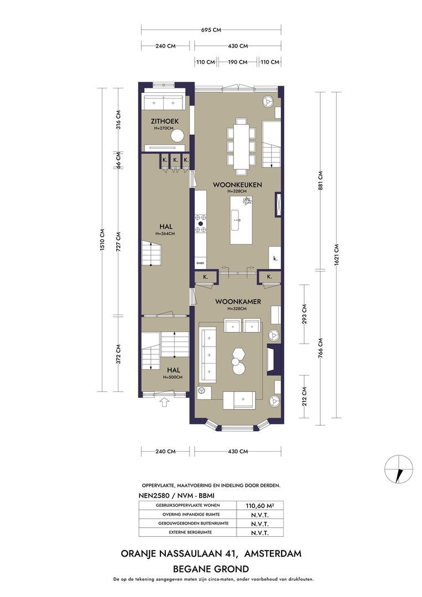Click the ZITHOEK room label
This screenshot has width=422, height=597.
[x=164, y=122]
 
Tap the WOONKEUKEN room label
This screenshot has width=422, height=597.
[x=237, y=185]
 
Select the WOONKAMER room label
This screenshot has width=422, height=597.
[x=238, y=302]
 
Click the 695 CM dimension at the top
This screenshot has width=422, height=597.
[x=211, y=30]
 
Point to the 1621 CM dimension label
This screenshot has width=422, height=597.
[x=337, y=254]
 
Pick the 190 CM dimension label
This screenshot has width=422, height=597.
[x=238, y=62]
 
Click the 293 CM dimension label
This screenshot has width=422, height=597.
[x=304, y=313]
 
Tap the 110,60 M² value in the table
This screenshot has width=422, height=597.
[x=260, y=506]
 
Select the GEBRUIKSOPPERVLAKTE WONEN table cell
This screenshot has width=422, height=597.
[x=187, y=505]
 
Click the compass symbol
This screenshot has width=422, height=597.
[x=398, y=469]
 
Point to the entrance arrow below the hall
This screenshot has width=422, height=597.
[x=164, y=402]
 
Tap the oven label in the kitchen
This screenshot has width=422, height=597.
[x=200, y=263]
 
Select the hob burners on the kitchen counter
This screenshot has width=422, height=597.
[x=201, y=223]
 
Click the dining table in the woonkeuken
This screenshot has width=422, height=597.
[x=241, y=146]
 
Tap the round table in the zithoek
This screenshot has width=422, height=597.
[x=178, y=136]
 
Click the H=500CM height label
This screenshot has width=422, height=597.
[x=173, y=378]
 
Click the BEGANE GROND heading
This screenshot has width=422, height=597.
[x=211, y=569]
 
